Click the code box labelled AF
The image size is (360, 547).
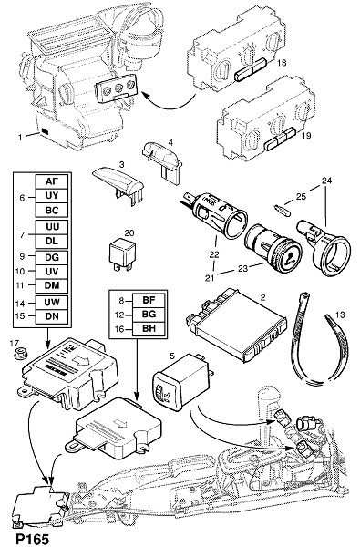52,181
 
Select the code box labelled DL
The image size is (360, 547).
52,241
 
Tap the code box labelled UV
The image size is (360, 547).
52,272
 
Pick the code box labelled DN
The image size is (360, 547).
52,316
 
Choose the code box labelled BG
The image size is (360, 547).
149,315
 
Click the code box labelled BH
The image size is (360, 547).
149,328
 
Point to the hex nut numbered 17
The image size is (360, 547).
18,355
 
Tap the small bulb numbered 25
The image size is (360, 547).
282,212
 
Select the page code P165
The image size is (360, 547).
31,540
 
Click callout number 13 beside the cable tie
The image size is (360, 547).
340,315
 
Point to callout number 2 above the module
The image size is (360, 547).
262,297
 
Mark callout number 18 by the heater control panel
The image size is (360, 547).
282,63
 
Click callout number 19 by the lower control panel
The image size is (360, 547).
306,135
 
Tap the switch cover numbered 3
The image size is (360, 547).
118,184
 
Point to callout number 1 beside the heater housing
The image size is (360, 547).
20,138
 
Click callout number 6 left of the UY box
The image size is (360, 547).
22,198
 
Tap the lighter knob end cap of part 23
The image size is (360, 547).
286,256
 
